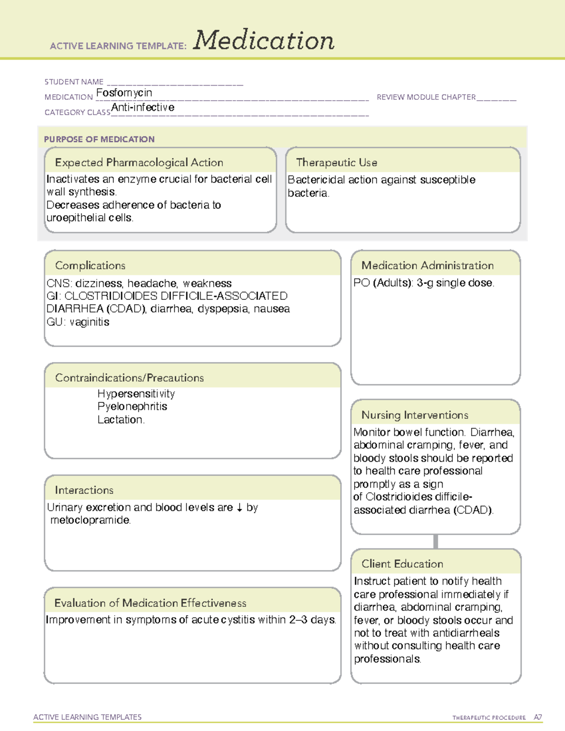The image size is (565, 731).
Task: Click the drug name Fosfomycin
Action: pyautogui.click(x=124, y=93)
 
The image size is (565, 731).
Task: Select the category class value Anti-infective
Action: pyautogui.click(x=143, y=108)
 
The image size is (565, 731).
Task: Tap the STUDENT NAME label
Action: pyautogui.click(x=74, y=82)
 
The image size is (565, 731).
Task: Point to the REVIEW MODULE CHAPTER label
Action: pyautogui.click(x=426, y=97)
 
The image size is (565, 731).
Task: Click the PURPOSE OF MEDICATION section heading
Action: pyautogui.click(x=99, y=139)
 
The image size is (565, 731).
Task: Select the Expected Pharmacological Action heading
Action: pyautogui.click(x=139, y=162)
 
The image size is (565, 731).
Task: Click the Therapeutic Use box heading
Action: pyautogui.click(x=336, y=162)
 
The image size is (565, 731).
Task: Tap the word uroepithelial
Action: pyautogui.click(x=76, y=218)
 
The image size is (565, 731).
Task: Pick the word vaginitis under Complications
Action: pyautogui.click(x=89, y=322)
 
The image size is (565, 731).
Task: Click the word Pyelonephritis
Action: pyautogui.click(x=132, y=406)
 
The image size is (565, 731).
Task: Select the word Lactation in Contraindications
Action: pyautogui.click(x=120, y=419)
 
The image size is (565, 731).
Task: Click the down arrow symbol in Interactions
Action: pyautogui.click(x=240, y=507)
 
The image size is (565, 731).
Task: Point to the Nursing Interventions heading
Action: pyautogui.click(x=415, y=415)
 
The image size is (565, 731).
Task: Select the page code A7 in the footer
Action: pyautogui.click(x=538, y=717)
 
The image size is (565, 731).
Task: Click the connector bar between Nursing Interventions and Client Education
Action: pyautogui.click(x=436, y=541)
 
